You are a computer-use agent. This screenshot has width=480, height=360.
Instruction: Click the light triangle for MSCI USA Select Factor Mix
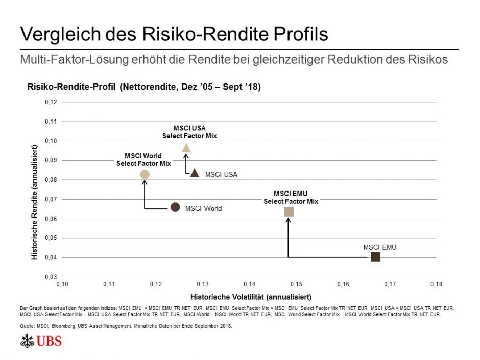pyautogui.click(x=186, y=148)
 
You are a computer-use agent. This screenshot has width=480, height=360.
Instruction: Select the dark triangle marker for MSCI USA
pyautogui.click(x=195, y=173)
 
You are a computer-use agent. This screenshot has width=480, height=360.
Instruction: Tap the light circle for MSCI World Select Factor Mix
pyautogui.click(x=145, y=174)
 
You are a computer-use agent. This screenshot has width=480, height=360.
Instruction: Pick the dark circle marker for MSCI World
pyautogui.click(x=175, y=207)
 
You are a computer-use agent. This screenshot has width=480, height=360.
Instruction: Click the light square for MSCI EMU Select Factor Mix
pyautogui.click(x=289, y=211)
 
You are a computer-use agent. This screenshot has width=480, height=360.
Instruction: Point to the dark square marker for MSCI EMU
pyautogui.click(x=376, y=257)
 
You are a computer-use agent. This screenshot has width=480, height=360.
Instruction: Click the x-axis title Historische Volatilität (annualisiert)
pyautogui.click(x=251, y=296)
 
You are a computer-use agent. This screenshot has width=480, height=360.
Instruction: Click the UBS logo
pyautogui.click(x=41, y=341)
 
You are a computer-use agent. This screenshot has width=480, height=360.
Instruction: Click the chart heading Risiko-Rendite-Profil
pyautogui.click(x=72, y=87)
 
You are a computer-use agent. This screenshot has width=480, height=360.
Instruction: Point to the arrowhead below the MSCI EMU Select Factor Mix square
pyautogui.click(x=289, y=220)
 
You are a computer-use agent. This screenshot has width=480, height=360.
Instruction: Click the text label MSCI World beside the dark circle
pyautogui.click(x=203, y=208)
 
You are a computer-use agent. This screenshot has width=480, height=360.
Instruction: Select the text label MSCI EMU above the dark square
pyautogui.click(x=380, y=247)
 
